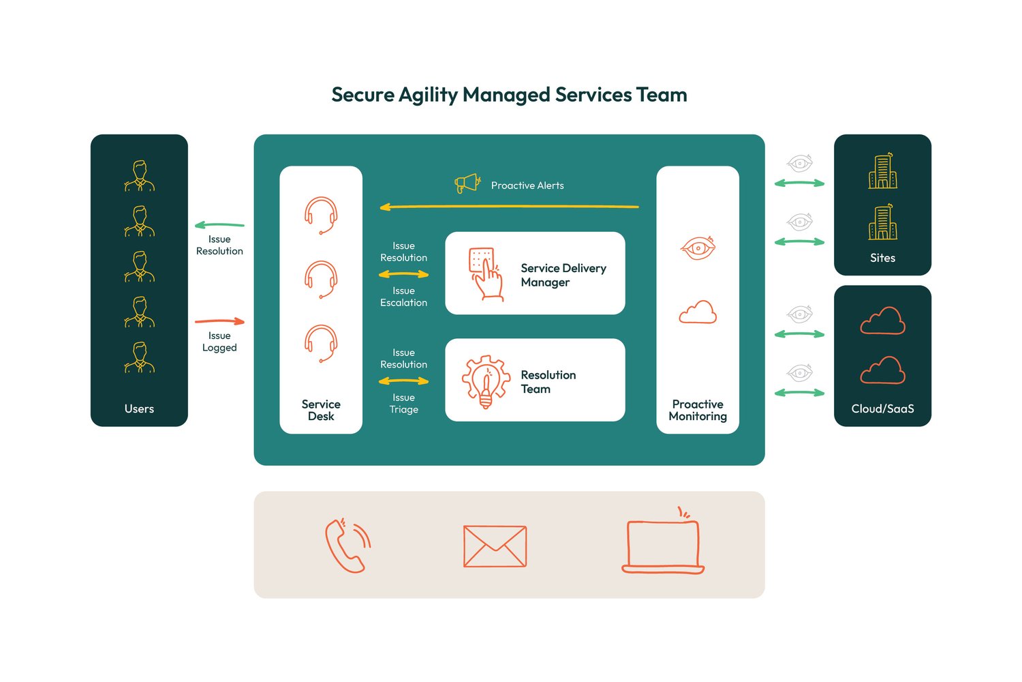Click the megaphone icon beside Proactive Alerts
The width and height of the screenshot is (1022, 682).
pyautogui.click(x=467, y=183)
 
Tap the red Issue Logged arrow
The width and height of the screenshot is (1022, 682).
pyautogui.click(x=219, y=321)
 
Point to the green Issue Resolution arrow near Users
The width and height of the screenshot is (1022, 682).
pyautogui.click(x=219, y=224)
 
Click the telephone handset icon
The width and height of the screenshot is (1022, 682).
pyautogui.click(x=347, y=546)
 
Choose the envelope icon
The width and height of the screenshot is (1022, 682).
pyautogui.click(x=495, y=546)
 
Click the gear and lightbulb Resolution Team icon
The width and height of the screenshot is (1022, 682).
pyautogui.click(x=486, y=381)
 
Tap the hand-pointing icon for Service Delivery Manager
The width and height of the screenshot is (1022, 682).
pyautogui.click(x=485, y=273)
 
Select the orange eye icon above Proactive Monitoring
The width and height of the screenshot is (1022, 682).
pyautogui.click(x=698, y=248)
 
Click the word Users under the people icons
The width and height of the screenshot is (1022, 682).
pyautogui.click(x=139, y=409)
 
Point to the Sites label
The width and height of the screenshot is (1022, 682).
pyautogui.click(x=882, y=258)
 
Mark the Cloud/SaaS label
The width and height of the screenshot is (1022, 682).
pyautogui.click(x=882, y=409)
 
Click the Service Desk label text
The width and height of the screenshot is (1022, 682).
pyautogui.click(x=321, y=410)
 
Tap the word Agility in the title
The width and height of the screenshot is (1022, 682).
pyautogui.click(x=428, y=95)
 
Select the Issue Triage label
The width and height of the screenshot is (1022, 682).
pyautogui.click(x=403, y=404)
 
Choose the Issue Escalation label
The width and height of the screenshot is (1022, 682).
pyautogui.click(x=403, y=297)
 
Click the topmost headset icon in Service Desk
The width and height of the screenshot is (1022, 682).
pyautogui.click(x=321, y=215)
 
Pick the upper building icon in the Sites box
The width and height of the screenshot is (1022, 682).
pyautogui.click(x=882, y=171)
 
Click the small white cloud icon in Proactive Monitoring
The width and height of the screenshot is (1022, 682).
pyautogui.click(x=698, y=312)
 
